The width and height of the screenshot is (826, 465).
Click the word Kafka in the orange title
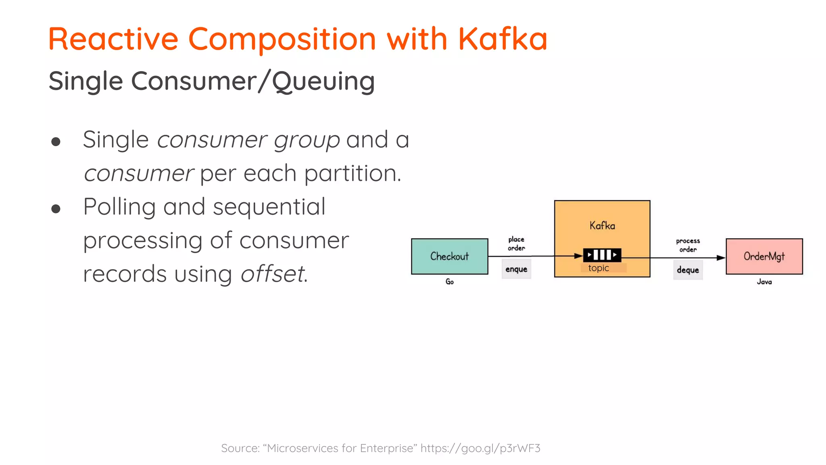(x=502, y=39)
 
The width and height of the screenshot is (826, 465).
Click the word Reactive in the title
(x=113, y=39)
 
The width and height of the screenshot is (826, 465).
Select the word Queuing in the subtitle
(x=323, y=82)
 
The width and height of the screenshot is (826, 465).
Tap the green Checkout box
(x=449, y=256)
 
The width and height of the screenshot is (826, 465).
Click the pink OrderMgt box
(x=764, y=256)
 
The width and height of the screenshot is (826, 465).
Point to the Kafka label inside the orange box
(x=602, y=225)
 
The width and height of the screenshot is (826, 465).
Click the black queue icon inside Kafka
(x=602, y=255)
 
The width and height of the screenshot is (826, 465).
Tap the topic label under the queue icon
(x=599, y=268)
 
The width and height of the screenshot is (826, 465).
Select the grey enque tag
(x=516, y=269)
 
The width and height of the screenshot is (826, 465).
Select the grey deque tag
(x=688, y=270)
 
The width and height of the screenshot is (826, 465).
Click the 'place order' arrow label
(x=516, y=244)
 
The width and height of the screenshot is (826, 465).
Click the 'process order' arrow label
(x=688, y=245)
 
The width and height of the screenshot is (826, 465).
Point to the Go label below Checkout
(x=449, y=282)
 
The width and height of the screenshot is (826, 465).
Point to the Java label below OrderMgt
(x=764, y=282)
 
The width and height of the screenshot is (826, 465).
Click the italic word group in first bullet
(x=307, y=140)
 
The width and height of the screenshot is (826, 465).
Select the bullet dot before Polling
(x=56, y=209)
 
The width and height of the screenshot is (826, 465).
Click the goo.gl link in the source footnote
(x=480, y=448)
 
